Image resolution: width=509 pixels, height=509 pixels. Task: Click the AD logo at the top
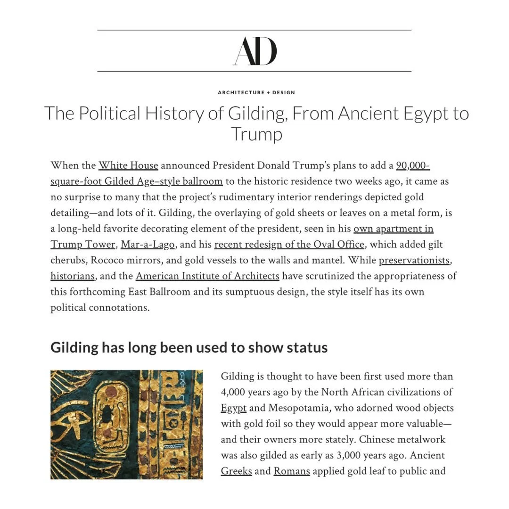click(x=254, y=51)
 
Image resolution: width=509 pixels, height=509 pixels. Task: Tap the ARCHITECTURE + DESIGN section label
click(x=256, y=92)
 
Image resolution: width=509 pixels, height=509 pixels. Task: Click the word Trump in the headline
click(x=256, y=134)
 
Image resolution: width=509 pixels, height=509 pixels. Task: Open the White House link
click(x=128, y=166)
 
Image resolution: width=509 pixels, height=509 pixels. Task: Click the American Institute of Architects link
click(x=207, y=276)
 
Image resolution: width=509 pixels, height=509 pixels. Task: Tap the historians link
click(x=72, y=276)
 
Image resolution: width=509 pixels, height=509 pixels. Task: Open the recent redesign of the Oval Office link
click(x=289, y=245)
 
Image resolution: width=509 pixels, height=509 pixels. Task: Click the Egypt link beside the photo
click(x=233, y=408)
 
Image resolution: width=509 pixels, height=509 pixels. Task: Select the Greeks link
click(x=236, y=471)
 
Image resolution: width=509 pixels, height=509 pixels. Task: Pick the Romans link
click(x=291, y=471)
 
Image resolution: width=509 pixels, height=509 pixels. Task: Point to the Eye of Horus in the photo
click(x=66, y=418)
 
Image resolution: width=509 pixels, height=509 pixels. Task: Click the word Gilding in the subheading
click(x=74, y=348)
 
